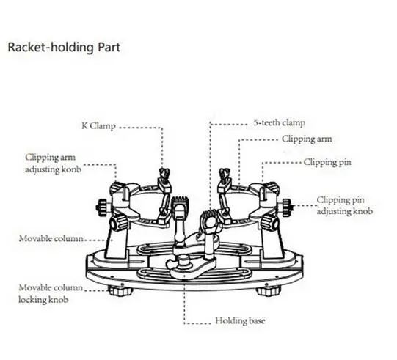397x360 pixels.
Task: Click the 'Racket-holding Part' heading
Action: [64, 48]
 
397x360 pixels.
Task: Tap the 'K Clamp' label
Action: [98, 125]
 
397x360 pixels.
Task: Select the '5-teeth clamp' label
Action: [280, 122]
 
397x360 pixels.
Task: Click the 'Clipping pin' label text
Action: [327, 162]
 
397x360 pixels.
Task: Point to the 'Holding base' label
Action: [240, 320]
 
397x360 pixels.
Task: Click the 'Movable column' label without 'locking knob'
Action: [51, 238]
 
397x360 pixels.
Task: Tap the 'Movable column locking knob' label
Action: [51, 294]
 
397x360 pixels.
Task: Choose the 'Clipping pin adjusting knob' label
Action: [345, 205]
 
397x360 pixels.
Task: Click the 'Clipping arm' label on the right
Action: [307, 139]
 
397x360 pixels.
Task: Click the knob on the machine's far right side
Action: [288, 207]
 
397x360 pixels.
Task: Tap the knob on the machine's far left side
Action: [102, 207]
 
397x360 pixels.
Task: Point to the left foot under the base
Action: [120, 290]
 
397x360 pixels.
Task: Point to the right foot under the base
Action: [269, 290]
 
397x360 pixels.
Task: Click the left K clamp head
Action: [164, 175]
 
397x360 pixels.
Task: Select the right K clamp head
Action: [224, 175]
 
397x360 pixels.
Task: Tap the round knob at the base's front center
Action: [183, 260]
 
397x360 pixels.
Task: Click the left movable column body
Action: [116, 242]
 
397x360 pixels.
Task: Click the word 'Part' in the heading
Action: [109, 48]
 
